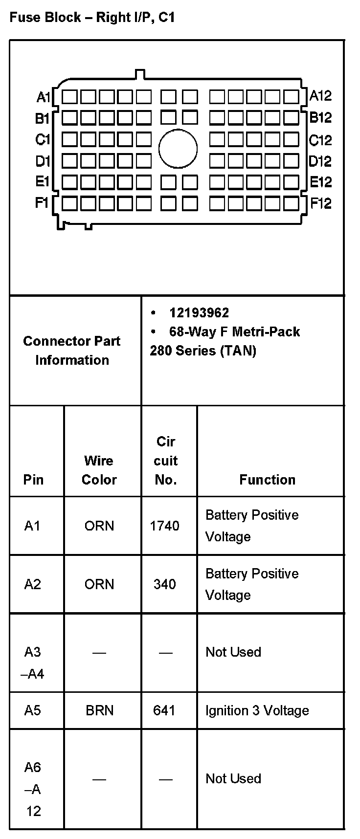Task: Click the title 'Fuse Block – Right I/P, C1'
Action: click(x=92, y=18)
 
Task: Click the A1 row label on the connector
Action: click(x=43, y=97)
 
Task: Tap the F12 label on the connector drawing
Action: click(x=321, y=203)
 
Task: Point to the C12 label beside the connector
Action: click(x=320, y=141)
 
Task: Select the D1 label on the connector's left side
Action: click(x=43, y=161)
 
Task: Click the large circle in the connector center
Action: click(x=178, y=149)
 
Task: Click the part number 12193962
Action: click(x=199, y=313)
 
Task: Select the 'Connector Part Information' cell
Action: click(x=72, y=351)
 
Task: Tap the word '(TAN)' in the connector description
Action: click(x=238, y=351)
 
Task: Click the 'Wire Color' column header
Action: click(x=99, y=470)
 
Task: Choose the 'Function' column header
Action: click(x=267, y=480)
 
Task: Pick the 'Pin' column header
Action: click(x=33, y=480)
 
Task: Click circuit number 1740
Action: click(x=164, y=526)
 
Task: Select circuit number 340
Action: click(x=164, y=584)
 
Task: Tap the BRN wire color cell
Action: click(x=99, y=710)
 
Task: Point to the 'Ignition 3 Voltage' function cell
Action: click(x=257, y=710)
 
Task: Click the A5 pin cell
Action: click(x=33, y=710)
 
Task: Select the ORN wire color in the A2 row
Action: click(x=99, y=584)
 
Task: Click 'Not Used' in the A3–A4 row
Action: click(x=233, y=652)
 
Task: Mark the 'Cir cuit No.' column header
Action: click(x=166, y=461)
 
